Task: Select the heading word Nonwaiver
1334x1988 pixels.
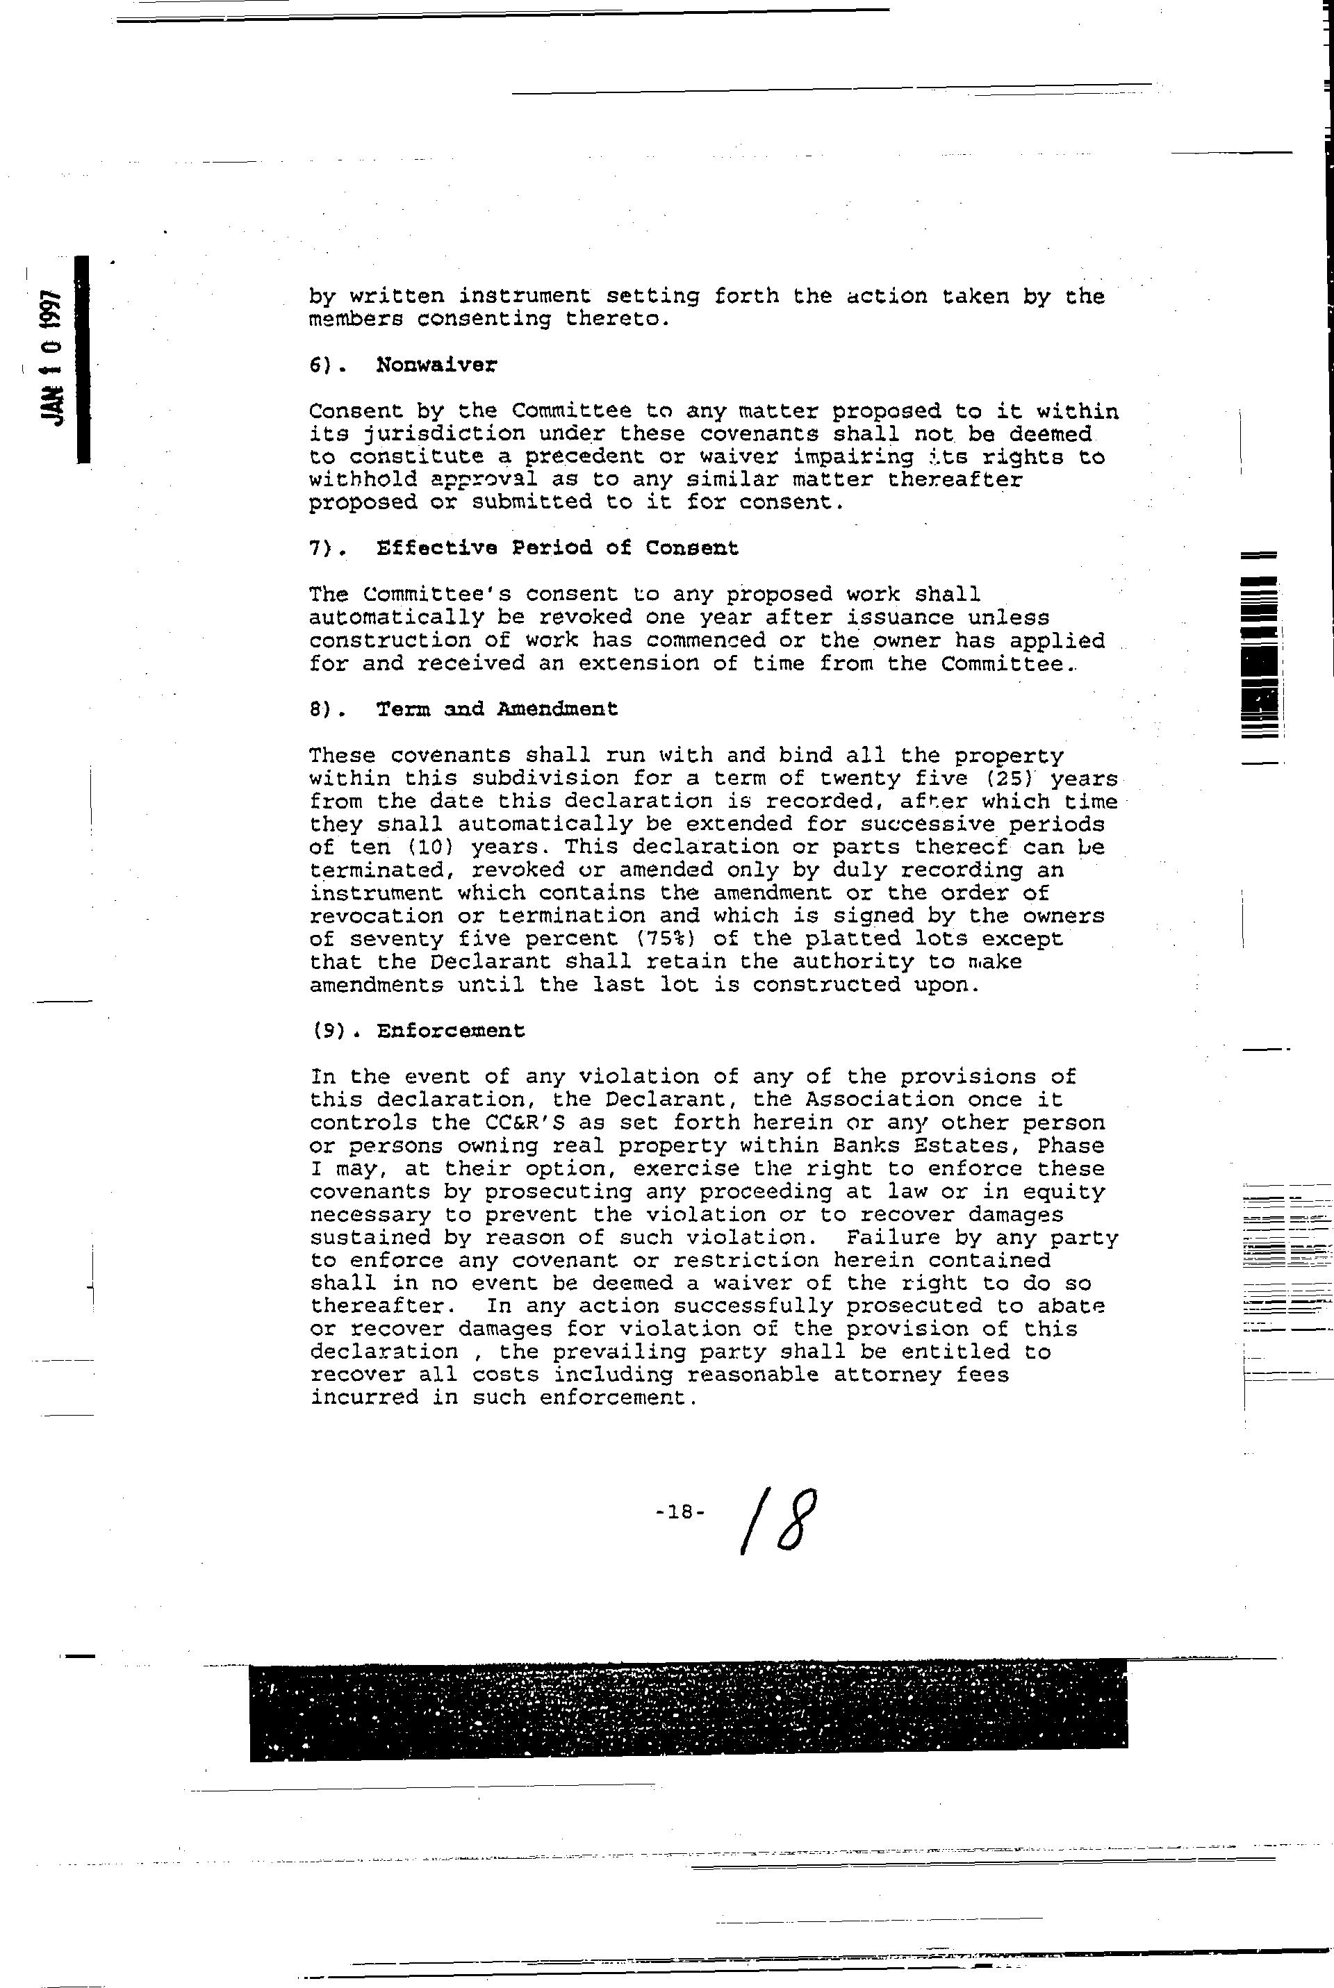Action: click(436, 365)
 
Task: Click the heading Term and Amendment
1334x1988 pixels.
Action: click(497, 709)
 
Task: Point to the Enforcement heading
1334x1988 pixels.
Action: click(451, 1031)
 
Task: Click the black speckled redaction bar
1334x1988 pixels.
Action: click(689, 1709)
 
